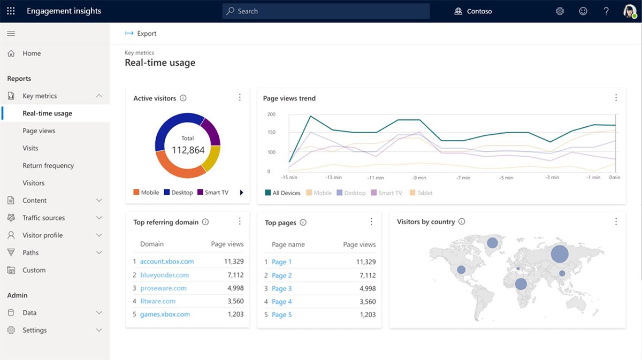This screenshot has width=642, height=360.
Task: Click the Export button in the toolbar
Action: point(141,34)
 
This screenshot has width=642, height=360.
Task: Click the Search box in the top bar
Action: point(326,11)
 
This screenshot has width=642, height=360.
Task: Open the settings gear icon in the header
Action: point(560,11)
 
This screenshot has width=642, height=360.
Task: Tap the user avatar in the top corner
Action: point(630,11)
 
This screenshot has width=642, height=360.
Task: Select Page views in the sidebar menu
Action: point(39,131)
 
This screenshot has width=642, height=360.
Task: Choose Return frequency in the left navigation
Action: point(48,166)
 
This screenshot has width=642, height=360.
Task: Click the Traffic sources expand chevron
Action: point(99,218)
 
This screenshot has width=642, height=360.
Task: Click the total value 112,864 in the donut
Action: point(188,150)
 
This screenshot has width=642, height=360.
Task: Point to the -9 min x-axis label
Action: point(419,178)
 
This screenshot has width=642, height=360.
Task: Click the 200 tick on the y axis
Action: point(271,114)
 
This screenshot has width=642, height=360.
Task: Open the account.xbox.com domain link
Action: point(167,262)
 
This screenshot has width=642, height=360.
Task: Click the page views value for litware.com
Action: point(235,301)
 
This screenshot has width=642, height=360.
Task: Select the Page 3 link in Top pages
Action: point(281,288)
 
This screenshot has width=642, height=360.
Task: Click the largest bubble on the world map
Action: point(560,254)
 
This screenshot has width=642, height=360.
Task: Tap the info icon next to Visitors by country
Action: point(462,222)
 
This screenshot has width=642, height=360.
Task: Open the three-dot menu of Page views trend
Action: point(616,98)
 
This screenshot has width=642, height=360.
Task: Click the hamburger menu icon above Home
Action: point(11,34)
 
